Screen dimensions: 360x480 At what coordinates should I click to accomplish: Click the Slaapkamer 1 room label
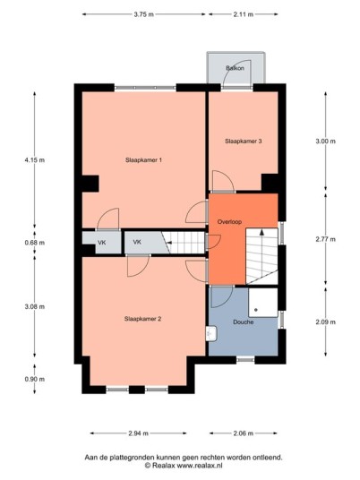point(143,159)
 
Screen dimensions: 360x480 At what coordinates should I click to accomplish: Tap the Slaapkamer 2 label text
point(142,319)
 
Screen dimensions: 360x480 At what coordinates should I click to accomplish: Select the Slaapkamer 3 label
point(243,141)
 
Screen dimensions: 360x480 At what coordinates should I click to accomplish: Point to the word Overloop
point(229,221)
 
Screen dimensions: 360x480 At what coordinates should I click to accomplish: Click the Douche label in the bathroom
point(243,321)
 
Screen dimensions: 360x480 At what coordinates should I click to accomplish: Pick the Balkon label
point(236,68)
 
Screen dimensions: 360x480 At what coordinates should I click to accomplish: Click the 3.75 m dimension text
point(143,14)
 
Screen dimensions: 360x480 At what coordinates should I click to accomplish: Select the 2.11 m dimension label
point(244,14)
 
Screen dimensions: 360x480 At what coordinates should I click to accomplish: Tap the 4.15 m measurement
point(35,159)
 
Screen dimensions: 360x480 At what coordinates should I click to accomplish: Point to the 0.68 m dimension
point(35,243)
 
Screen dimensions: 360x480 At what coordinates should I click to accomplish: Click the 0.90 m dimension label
point(35,379)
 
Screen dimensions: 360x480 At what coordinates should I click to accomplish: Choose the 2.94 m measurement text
point(139,433)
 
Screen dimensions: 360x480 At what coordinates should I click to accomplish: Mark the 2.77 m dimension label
point(325,239)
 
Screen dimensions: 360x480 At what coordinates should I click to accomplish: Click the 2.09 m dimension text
point(325,321)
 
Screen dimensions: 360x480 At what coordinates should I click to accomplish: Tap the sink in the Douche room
point(212,333)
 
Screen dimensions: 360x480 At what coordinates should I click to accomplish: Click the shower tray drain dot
point(256,310)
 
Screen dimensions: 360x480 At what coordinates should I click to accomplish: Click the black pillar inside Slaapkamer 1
point(90,184)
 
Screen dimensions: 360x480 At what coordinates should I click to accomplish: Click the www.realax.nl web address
point(200,466)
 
